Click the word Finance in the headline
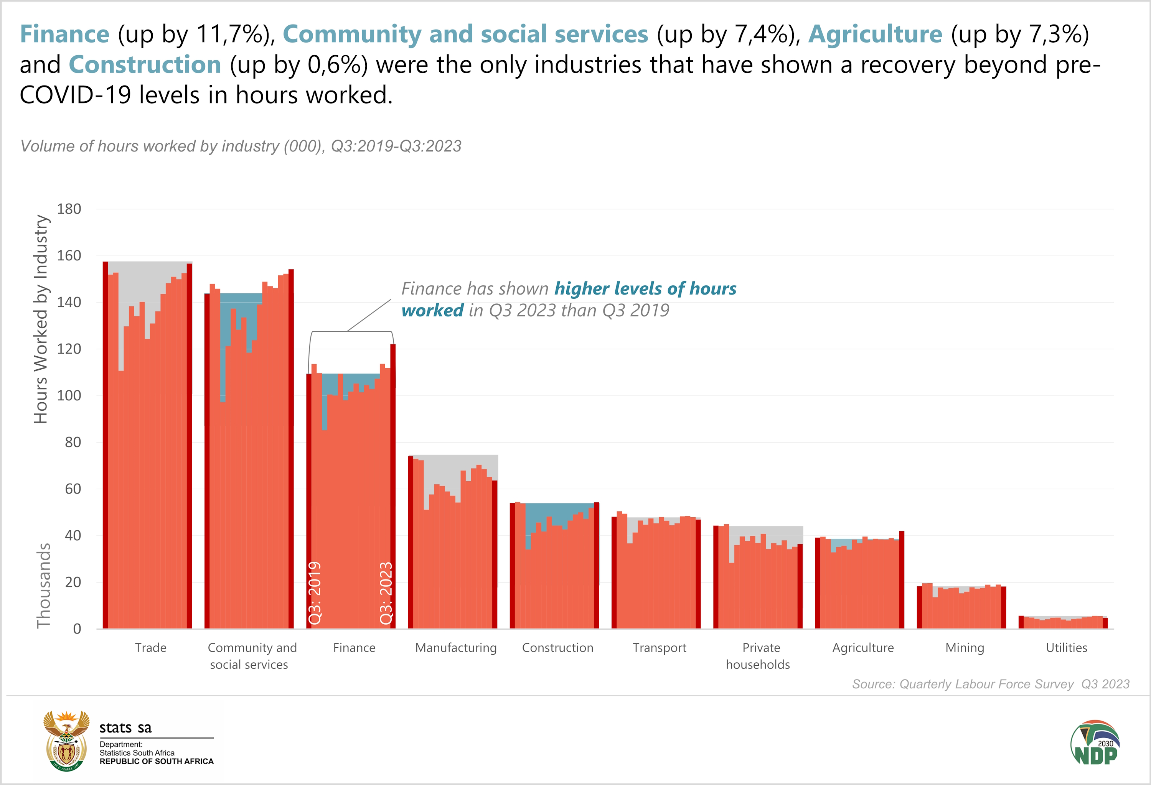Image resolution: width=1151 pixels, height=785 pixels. pyautogui.click(x=64, y=34)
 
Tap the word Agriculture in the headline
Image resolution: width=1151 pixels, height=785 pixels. pyautogui.click(x=875, y=34)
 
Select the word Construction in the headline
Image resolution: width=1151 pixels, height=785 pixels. pyautogui.click(x=145, y=65)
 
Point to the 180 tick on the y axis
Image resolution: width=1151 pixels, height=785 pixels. pyautogui.click(x=69, y=209)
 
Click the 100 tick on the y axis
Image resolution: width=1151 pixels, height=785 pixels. pyautogui.click(x=69, y=396)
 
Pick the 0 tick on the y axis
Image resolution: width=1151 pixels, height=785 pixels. pyautogui.click(x=77, y=629)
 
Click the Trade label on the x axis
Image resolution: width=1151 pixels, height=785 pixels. pyautogui.click(x=150, y=648)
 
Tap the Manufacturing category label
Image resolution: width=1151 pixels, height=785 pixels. pyautogui.click(x=456, y=648)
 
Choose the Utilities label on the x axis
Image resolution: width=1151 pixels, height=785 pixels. pyautogui.click(x=1066, y=648)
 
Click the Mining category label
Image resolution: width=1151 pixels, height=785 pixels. pyautogui.click(x=964, y=648)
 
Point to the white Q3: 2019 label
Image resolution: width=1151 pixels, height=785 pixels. pyautogui.click(x=315, y=593)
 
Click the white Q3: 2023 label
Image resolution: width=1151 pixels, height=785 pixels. pyautogui.click(x=386, y=593)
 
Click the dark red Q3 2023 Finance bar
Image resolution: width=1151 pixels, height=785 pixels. pyautogui.click(x=393, y=485)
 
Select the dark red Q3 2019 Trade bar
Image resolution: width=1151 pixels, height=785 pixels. pyautogui.click(x=106, y=446)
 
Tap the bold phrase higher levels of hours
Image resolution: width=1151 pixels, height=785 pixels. pyautogui.click(x=645, y=288)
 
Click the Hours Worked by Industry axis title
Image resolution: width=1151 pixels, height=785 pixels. pyautogui.click(x=41, y=319)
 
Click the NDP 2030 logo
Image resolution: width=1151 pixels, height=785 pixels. pyautogui.click(x=1095, y=742)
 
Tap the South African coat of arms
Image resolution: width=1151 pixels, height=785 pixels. pyautogui.click(x=66, y=741)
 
